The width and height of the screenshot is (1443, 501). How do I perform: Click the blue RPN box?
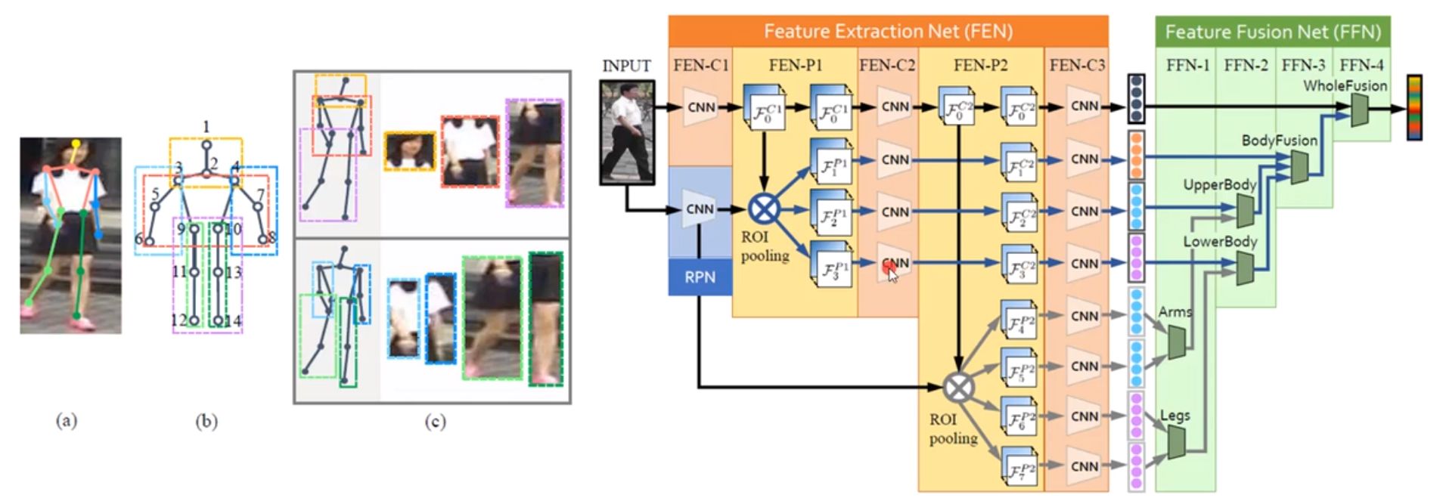[x=700, y=277]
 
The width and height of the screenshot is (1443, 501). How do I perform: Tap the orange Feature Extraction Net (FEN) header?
[x=888, y=32]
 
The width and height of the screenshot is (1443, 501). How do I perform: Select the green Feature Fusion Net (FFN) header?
[x=1272, y=32]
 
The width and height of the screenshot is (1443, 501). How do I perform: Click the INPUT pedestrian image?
[x=626, y=132]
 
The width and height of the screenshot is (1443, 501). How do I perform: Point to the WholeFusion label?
[x=1345, y=86]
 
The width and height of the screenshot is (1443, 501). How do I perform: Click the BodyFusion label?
[x=1279, y=141]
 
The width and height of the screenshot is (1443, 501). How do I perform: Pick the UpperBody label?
[x=1219, y=184]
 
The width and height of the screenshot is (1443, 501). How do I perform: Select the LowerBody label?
[x=1220, y=242]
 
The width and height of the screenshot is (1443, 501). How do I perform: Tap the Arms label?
[x=1175, y=311]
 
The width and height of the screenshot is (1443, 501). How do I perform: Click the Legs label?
[x=1175, y=416]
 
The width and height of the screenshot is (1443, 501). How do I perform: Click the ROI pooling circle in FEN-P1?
[x=764, y=208]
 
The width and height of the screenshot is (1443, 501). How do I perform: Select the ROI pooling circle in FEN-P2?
[x=958, y=388]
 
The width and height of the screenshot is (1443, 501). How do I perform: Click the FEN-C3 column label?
[x=1077, y=66]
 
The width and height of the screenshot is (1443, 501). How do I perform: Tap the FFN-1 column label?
[x=1187, y=66]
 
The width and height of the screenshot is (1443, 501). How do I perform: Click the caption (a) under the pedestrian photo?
[x=67, y=421]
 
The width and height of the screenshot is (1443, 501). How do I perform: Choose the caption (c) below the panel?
[x=435, y=422]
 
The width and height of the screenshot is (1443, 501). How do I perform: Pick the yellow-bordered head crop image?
[x=410, y=150]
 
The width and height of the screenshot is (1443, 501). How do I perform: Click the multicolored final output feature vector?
[x=1414, y=107]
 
